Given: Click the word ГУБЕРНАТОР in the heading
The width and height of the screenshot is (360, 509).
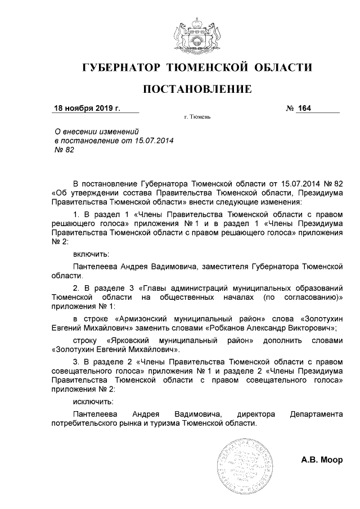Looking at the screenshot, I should pyautogui.click(x=120, y=68).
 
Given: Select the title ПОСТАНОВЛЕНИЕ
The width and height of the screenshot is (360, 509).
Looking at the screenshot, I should pyautogui.click(x=196, y=89).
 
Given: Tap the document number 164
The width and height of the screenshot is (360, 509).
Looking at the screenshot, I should pyautogui.click(x=305, y=108).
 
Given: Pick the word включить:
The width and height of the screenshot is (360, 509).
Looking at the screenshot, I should pyautogui.click(x=91, y=254).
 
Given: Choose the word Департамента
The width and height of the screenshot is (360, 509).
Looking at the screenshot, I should pyautogui.click(x=316, y=414).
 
